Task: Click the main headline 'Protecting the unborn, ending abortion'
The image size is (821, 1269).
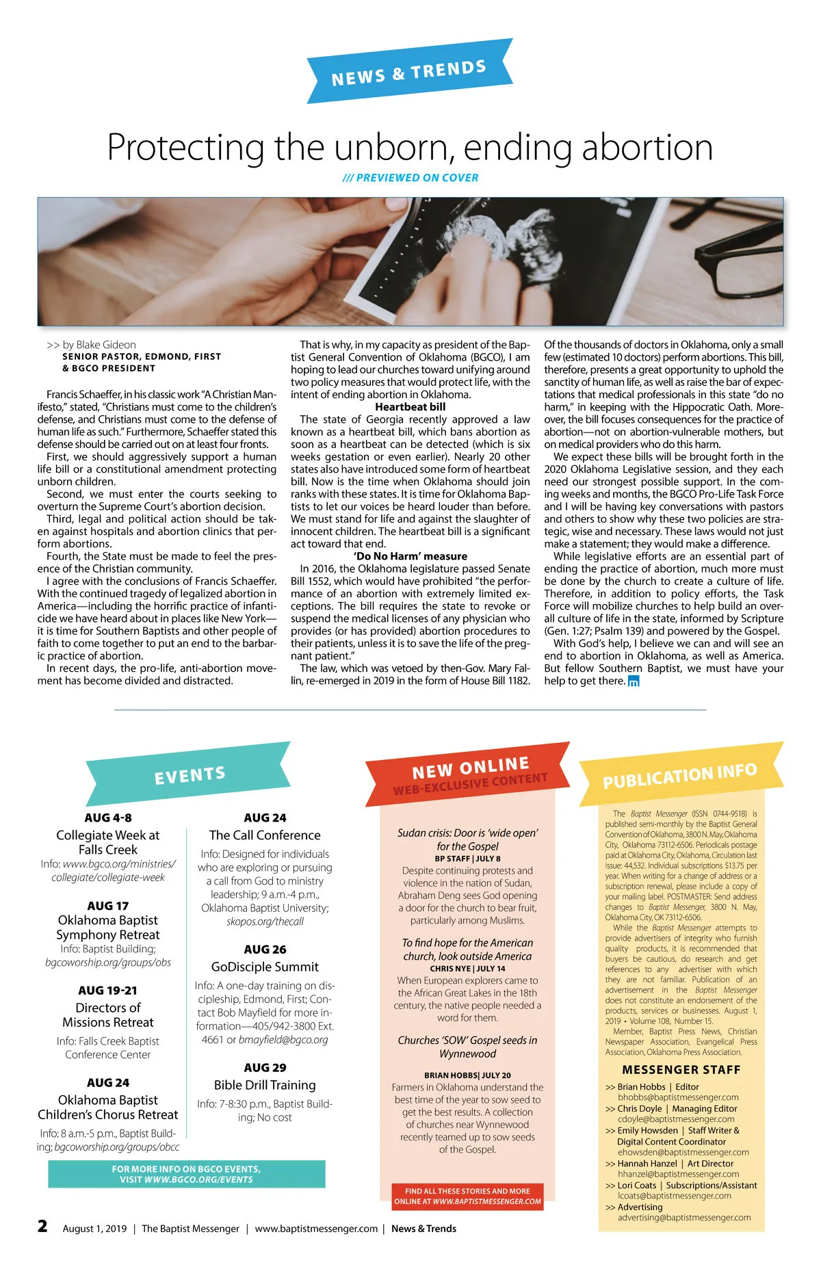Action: click(x=410, y=147)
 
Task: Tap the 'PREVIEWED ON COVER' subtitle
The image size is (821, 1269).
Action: click(x=410, y=178)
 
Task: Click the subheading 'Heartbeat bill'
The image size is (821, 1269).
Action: click(x=410, y=407)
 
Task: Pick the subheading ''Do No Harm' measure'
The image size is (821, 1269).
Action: click(x=410, y=556)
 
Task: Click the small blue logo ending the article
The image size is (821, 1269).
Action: click(x=634, y=681)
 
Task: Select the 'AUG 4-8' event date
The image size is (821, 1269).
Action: click(x=108, y=817)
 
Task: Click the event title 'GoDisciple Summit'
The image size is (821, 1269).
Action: click(x=265, y=967)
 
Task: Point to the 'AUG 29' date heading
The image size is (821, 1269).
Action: click(x=265, y=1067)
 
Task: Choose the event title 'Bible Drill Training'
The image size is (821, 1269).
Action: click(x=265, y=1085)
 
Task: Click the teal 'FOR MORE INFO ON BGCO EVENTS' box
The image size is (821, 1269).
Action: click(x=186, y=1174)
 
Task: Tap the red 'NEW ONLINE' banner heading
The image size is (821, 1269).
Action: click(x=470, y=768)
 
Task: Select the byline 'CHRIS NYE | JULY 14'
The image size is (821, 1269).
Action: click(x=467, y=969)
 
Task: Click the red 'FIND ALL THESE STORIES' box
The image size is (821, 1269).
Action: click(x=467, y=1196)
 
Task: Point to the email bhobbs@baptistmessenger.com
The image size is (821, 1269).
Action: click(x=678, y=1097)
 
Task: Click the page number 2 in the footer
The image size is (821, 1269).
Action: click(x=42, y=1226)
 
